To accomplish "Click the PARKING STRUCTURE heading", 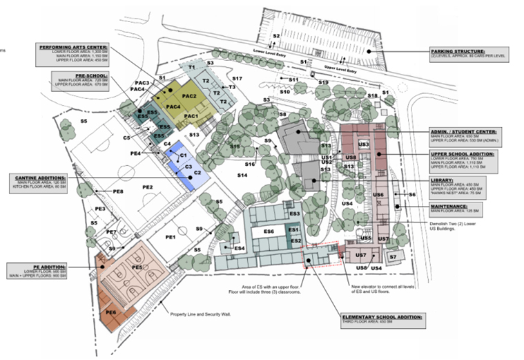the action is click(458, 51).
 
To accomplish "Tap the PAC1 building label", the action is click(191, 116).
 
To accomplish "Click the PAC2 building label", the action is click(190, 95).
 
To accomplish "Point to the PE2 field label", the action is click(146, 187).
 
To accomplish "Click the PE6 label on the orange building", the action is click(111, 312).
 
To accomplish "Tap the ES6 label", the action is click(269, 231).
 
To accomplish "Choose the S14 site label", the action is click(242, 176).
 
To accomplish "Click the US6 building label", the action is click(378, 195).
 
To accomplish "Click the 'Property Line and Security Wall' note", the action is click(200, 313).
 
